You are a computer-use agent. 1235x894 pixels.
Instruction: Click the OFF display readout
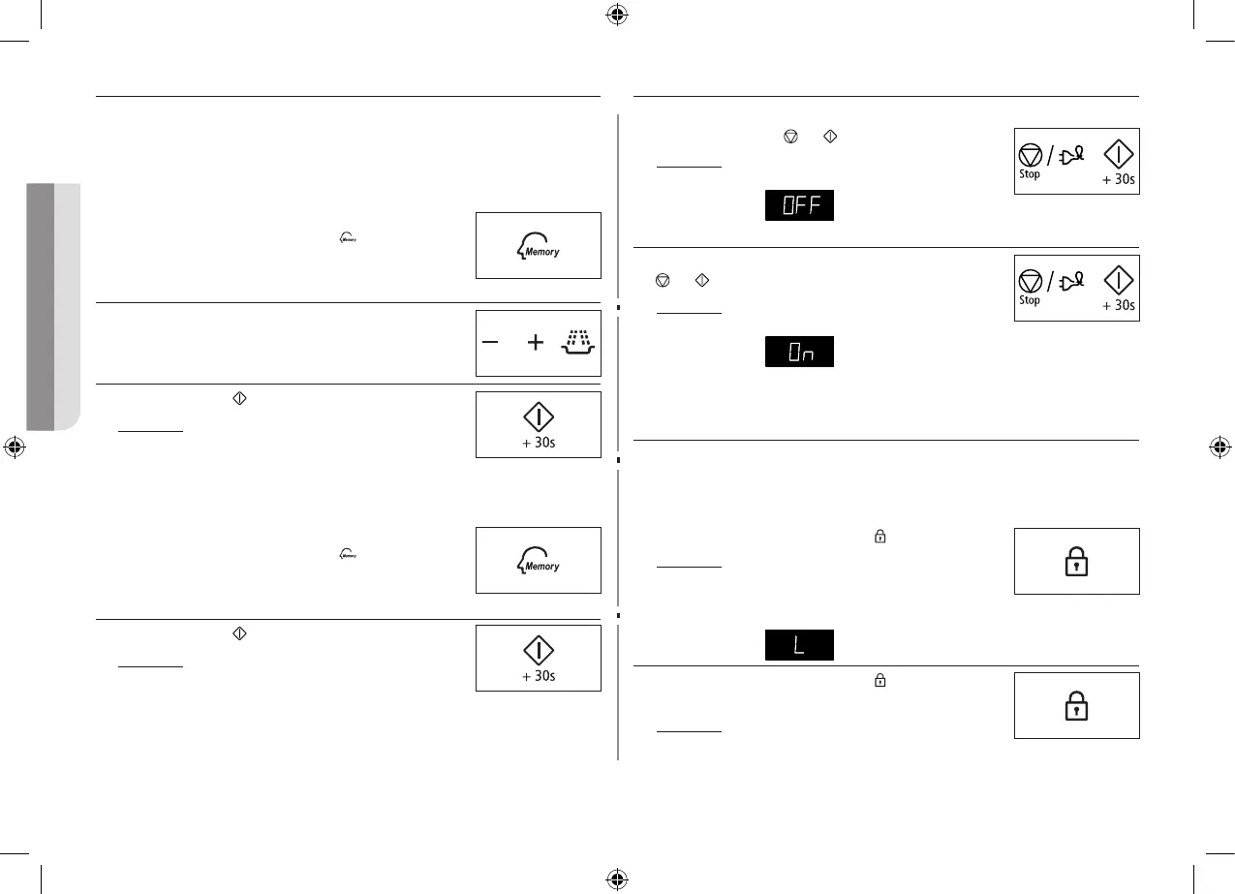pos(799,205)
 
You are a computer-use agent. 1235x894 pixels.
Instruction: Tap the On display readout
pos(799,353)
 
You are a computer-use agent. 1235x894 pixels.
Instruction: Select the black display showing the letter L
pos(799,645)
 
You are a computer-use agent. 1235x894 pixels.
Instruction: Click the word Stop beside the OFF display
pos(1030,174)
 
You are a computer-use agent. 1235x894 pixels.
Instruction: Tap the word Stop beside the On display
pos(1030,300)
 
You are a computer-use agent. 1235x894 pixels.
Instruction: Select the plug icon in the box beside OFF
pos(1073,155)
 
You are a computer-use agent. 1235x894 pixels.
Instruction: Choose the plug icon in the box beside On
pos(1073,282)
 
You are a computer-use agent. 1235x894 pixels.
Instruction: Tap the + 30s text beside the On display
pos(1119,305)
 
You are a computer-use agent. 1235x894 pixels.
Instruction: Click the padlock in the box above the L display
pos(1076,562)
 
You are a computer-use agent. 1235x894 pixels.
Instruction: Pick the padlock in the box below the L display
pos(1076,706)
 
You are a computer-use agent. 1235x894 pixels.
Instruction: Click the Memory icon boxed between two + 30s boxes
pos(538,561)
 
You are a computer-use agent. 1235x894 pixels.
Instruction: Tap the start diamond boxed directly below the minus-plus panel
pos(539,416)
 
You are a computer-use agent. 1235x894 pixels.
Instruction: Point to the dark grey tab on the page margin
pos(40,305)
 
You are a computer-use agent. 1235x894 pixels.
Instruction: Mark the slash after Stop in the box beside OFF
pos(1050,155)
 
